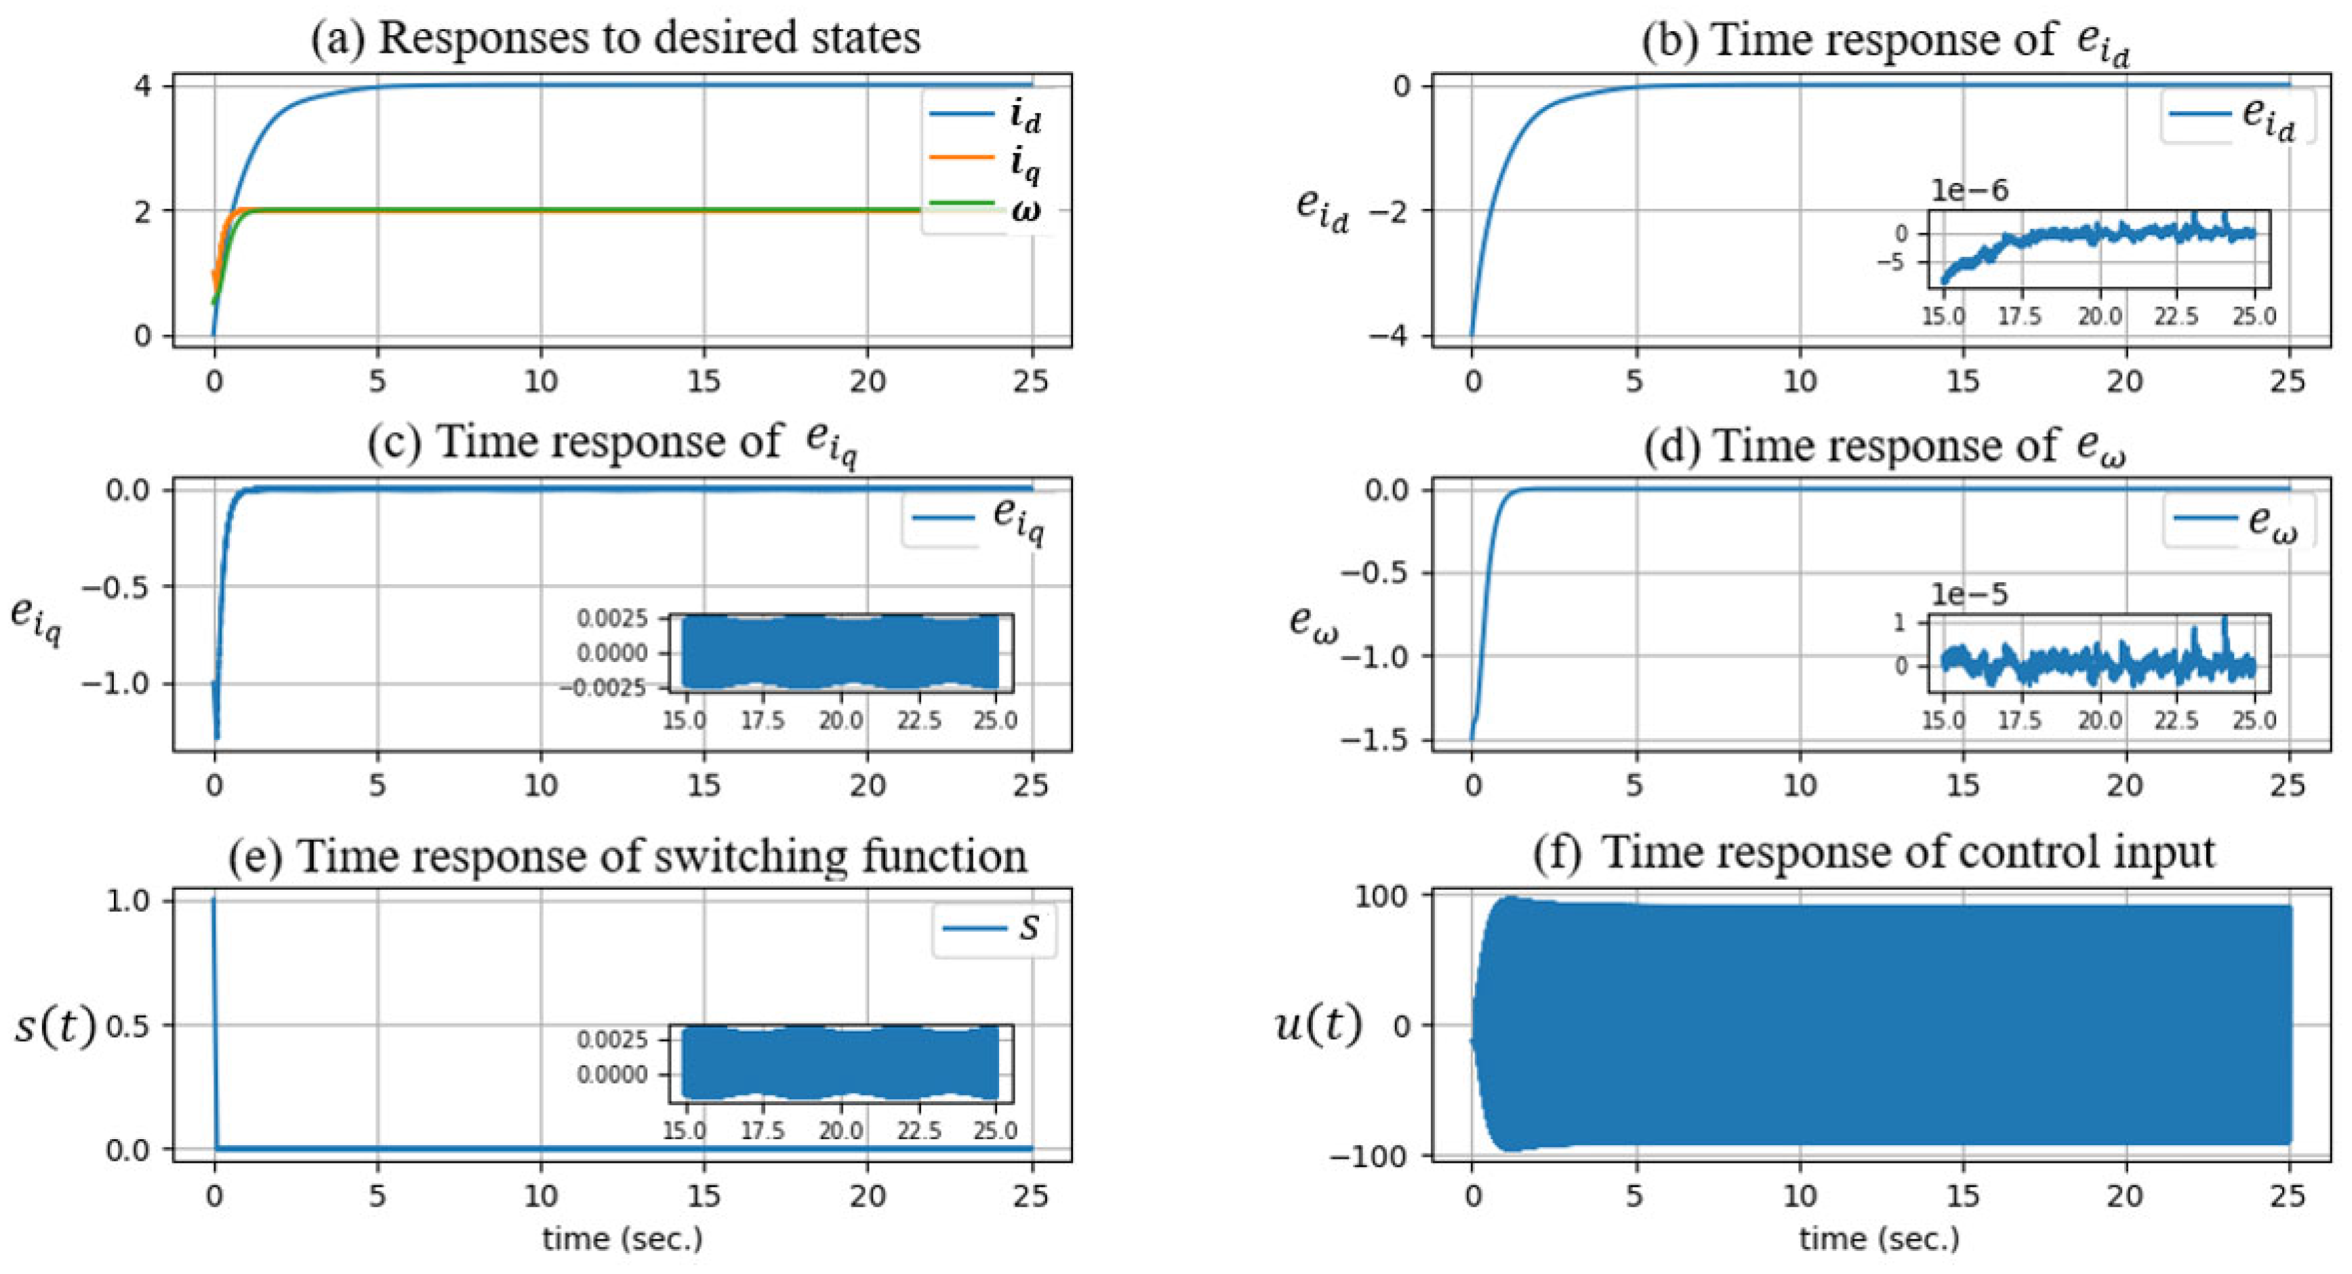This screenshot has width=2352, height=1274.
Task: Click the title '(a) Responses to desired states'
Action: tap(615, 39)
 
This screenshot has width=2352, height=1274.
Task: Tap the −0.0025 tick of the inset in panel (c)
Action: tap(603, 687)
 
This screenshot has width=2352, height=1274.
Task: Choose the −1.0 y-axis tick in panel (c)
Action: tap(113, 684)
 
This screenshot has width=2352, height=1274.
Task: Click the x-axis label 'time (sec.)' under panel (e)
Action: tap(623, 1239)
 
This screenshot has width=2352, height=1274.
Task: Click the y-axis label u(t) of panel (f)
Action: tap(1318, 1025)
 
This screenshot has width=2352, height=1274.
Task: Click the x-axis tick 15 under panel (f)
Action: tap(1962, 1195)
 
